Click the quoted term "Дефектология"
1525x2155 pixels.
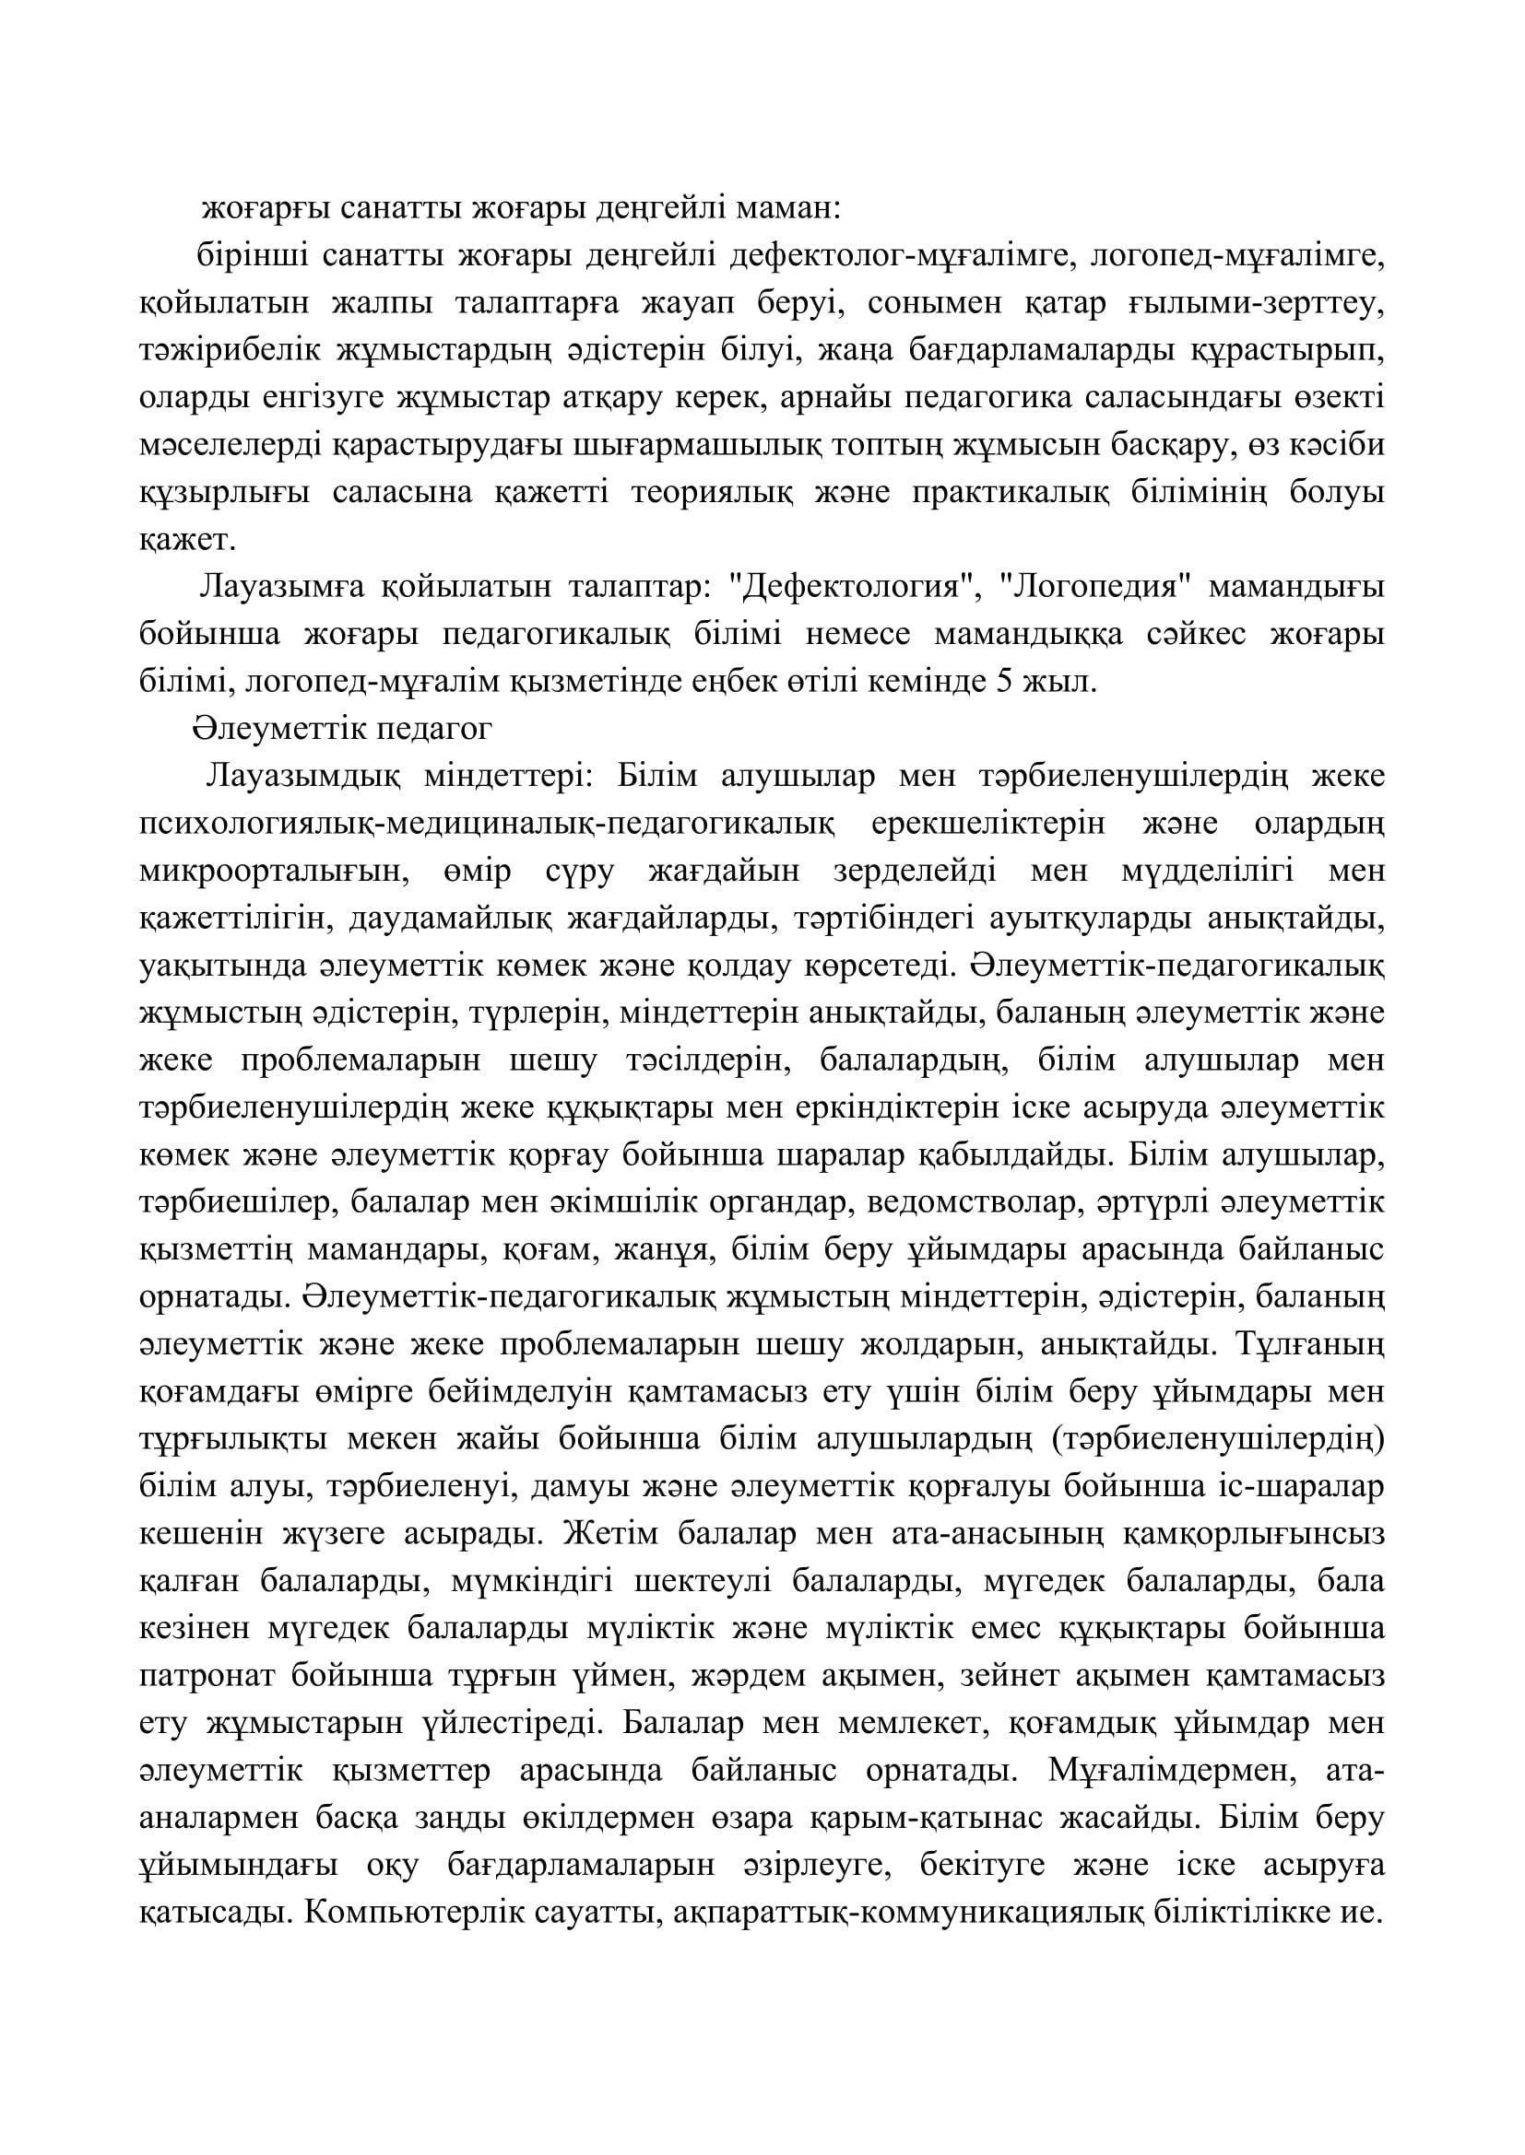click(x=851, y=588)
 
